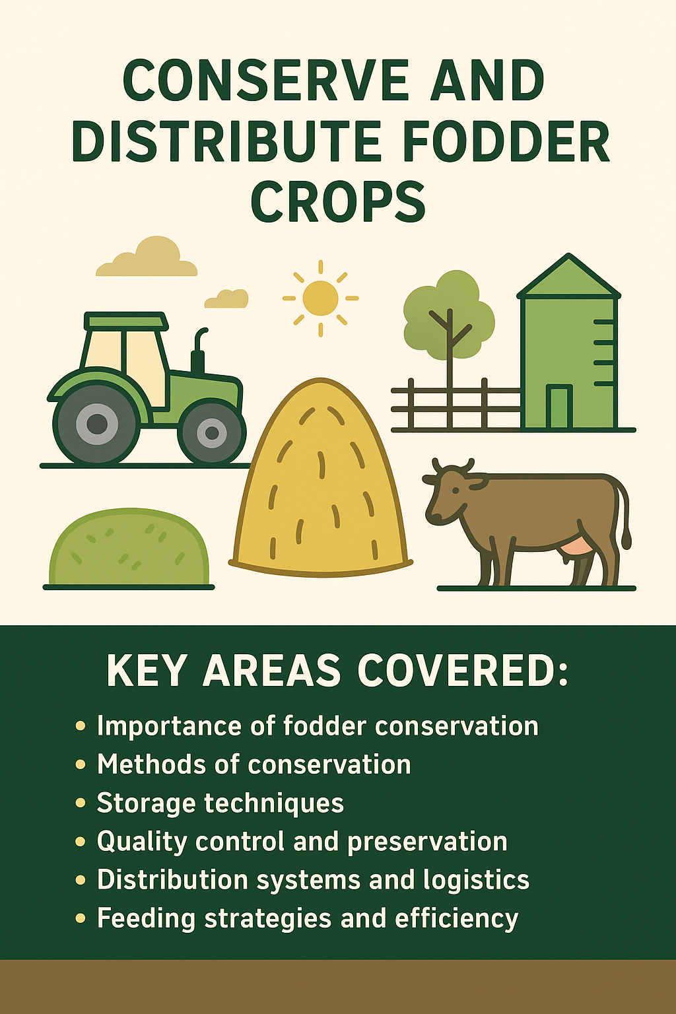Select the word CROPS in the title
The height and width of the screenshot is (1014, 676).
point(338,201)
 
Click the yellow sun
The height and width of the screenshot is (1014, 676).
point(320,298)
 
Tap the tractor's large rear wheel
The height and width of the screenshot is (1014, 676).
point(97,422)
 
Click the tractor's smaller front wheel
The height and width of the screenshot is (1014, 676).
point(212,432)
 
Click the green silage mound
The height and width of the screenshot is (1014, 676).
point(129,548)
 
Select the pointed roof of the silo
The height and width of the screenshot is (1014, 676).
point(568,277)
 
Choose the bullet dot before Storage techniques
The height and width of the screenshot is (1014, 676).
point(81,803)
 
